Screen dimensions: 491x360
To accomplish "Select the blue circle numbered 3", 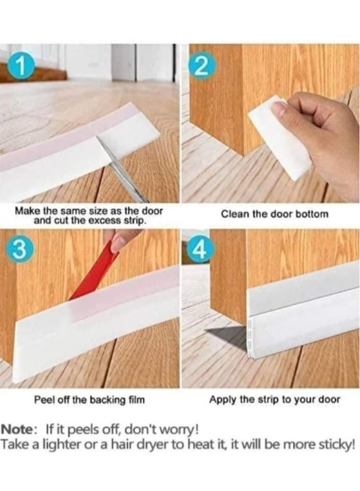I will [x=19, y=249].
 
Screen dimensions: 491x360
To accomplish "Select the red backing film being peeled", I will [x=92, y=275].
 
